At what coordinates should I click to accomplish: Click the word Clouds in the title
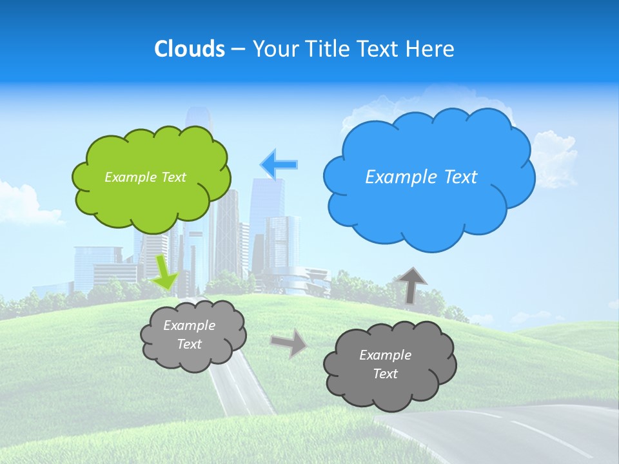pyautogui.click(x=189, y=49)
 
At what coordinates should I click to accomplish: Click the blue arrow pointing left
pyautogui.click(x=279, y=164)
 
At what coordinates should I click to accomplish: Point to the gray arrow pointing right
pyautogui.click(x=290, y=343)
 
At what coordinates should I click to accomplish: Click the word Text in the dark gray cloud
pyautogui.click(x=385, y=374)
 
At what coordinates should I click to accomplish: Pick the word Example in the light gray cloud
pyautogui.click(x=189, y=325)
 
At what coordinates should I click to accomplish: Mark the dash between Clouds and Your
pyautogui.click(x=237, y=49)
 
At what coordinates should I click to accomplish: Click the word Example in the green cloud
pyautogui.click(x=128, y=177)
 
